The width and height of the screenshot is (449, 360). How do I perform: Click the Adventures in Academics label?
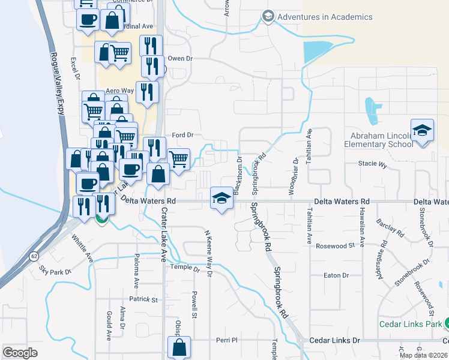click(325, 17)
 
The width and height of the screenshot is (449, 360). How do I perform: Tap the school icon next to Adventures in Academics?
click(268, 17)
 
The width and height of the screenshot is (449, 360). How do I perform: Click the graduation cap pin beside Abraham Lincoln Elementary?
click(422, 131)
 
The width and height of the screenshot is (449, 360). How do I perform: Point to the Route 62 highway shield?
click(35, 256)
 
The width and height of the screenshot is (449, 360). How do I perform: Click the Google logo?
click(20, 352)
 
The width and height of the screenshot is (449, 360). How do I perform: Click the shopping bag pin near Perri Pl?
click(179, 347)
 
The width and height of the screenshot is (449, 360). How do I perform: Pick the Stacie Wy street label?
click(372, 163)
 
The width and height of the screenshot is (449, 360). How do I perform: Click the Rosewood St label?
click(336, 246)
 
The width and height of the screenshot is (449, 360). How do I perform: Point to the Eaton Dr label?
click(336, 275)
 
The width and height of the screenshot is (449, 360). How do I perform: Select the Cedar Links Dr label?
click(334, 340)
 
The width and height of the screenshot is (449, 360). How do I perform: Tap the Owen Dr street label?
click(179, 59)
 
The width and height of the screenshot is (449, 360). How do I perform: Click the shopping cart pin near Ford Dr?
click(179, 159)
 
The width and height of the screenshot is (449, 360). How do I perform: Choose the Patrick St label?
click(143, 299)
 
